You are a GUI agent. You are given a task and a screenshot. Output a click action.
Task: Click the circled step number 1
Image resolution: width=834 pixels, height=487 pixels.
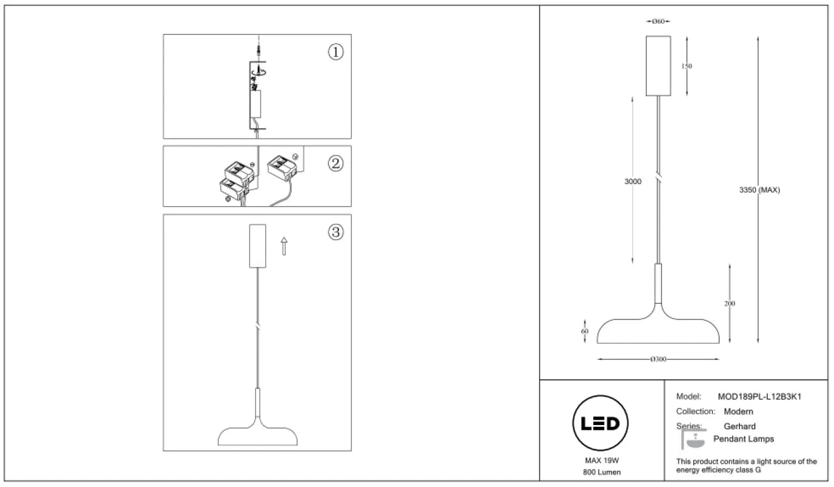[x=335, y=52]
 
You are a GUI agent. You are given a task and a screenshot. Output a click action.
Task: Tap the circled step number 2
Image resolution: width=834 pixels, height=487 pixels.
[x=335, y=163]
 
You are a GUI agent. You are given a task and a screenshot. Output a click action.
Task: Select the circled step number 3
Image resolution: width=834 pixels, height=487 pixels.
[x=335, y=232]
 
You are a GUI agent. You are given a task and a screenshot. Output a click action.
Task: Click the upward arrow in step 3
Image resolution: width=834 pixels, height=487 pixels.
[x=284, y=246]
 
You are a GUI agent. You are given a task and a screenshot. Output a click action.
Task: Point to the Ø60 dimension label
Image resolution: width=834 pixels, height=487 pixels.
[x=658, y=21]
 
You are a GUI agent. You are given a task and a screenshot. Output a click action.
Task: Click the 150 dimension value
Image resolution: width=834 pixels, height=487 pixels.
[x=686, y=66]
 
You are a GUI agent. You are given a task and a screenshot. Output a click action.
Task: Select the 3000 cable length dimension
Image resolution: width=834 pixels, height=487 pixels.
[x=633, y=181]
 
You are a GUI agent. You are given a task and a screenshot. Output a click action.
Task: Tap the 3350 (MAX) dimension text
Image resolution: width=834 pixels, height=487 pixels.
[x=759, y=190]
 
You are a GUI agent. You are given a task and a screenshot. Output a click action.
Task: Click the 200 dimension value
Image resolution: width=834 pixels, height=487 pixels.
[x=729, y=303]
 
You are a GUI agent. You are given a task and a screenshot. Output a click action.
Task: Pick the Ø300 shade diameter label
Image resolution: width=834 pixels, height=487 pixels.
[x=658, y=359]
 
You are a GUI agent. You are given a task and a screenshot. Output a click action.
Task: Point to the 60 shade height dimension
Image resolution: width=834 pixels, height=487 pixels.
[x=584, y=331]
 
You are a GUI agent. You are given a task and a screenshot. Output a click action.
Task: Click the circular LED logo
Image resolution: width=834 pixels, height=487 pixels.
[x=600, y=423]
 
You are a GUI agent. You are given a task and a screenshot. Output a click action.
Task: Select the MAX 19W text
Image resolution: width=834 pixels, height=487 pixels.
[x=602, y=461]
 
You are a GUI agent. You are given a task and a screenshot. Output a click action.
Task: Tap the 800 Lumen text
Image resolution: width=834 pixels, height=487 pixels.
[x=602, y=472]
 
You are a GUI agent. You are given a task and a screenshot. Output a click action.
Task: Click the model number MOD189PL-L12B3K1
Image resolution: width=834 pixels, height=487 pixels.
[x=760, y=397]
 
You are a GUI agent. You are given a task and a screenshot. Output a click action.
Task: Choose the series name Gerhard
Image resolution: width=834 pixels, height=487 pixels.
[x=739, y=426]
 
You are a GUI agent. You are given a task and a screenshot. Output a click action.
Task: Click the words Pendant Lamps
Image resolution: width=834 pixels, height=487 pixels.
[x=743, y=439]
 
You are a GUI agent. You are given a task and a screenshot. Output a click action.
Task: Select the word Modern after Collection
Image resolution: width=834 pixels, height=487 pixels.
[x=738, y=411]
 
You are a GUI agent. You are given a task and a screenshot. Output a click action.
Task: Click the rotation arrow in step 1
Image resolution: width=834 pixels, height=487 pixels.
[x=259, y=72]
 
